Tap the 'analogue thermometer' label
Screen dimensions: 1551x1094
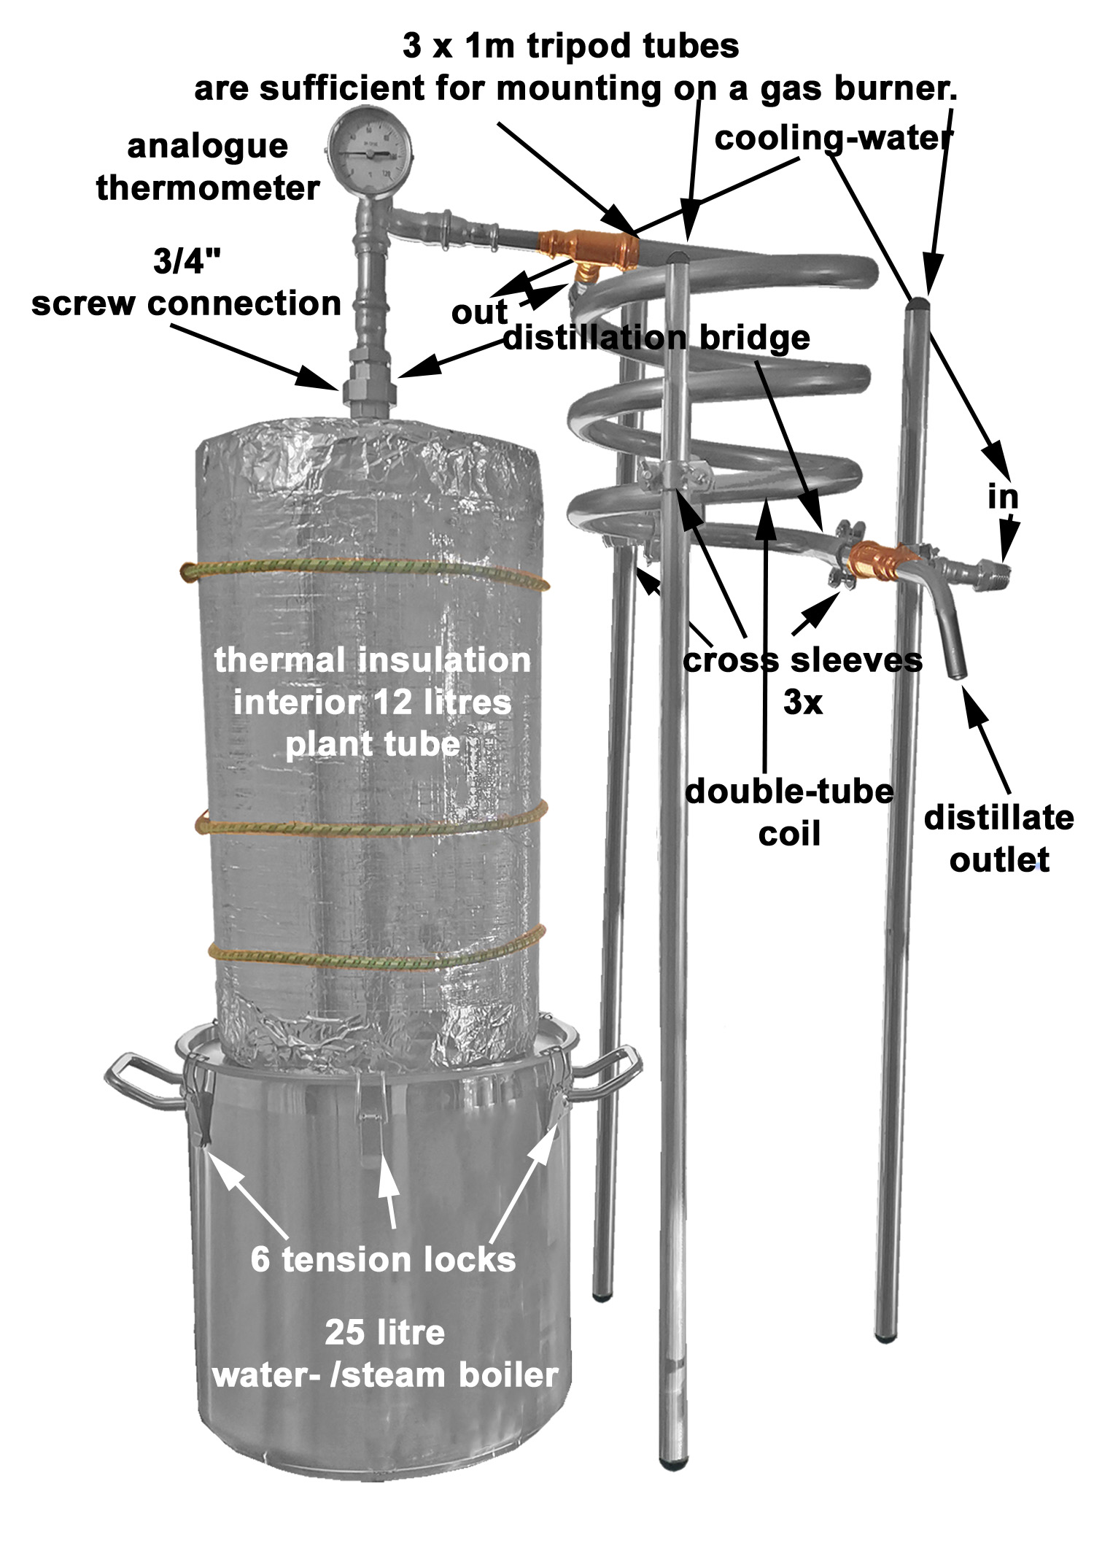tap(208, 167)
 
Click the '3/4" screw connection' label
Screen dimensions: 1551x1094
tap(187, 282)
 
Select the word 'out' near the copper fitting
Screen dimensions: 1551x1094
tap(479, 312)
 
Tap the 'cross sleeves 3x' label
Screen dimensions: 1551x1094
tap(802, 681)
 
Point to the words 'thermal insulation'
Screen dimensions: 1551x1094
tap(372, 660)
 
